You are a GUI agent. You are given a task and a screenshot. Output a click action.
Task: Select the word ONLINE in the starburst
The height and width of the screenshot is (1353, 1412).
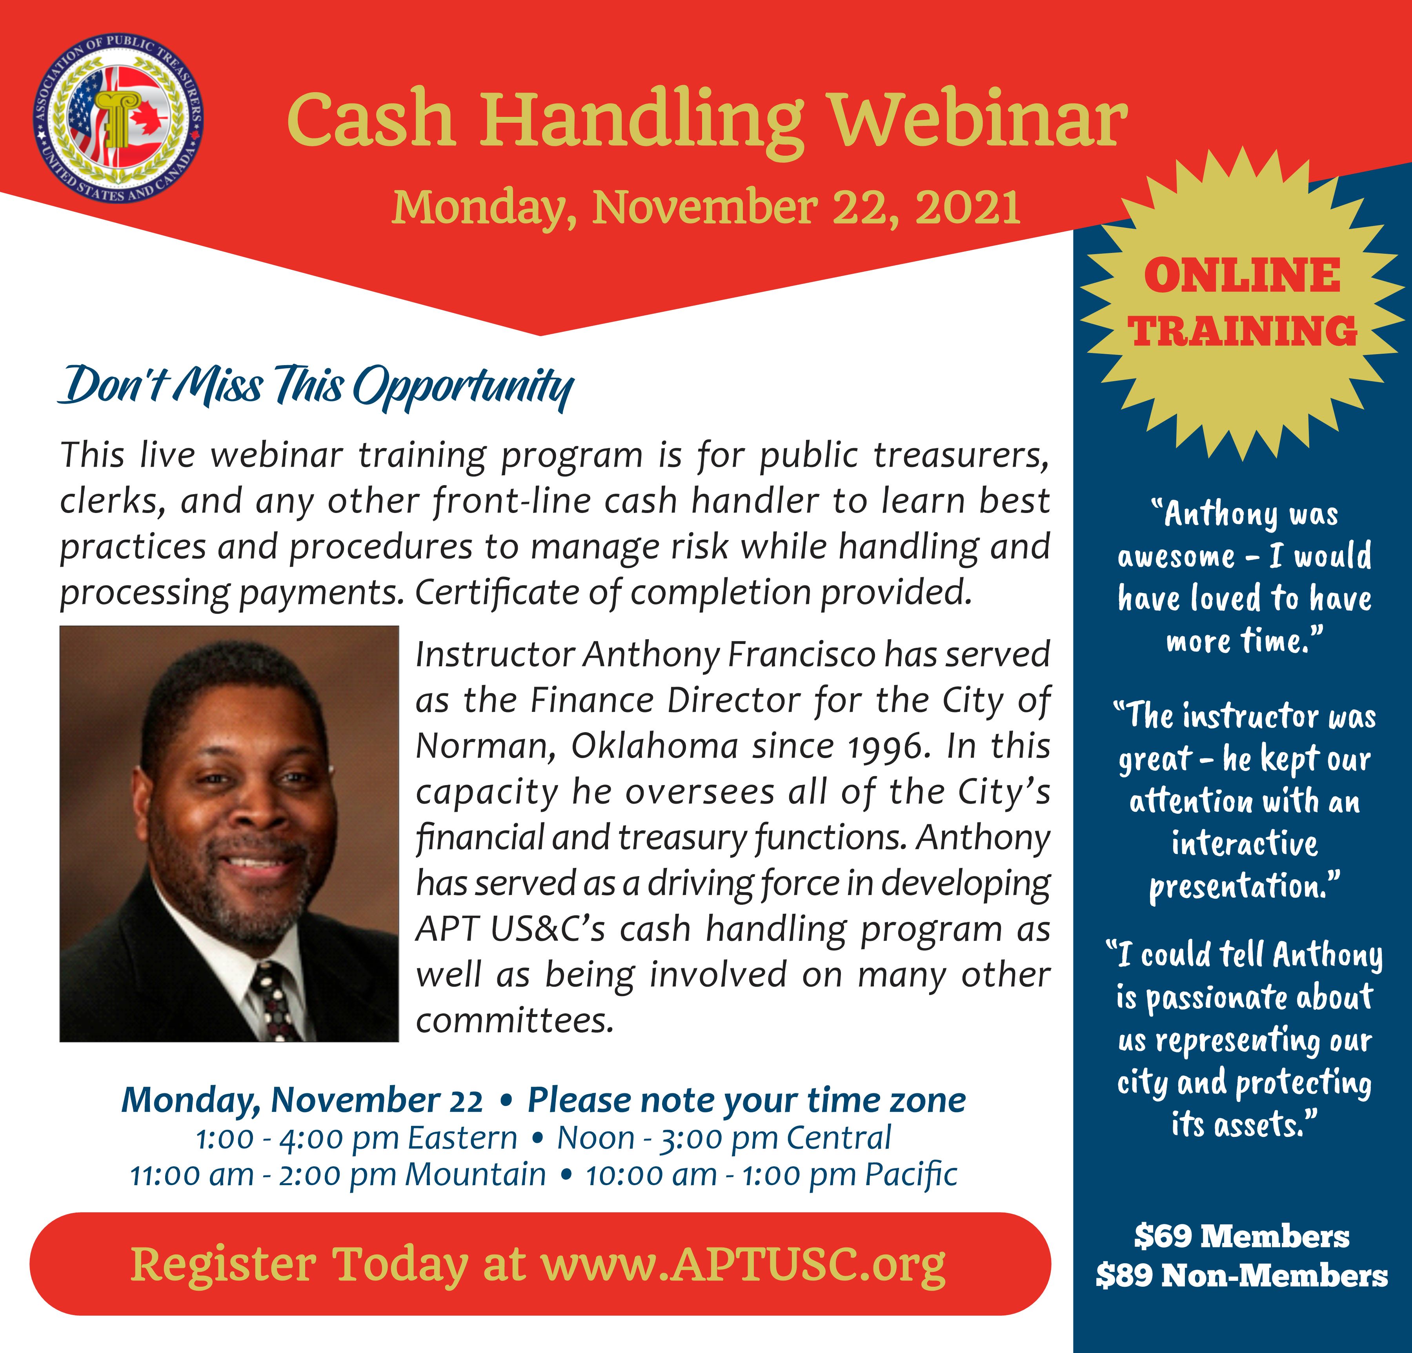pos(1242,276)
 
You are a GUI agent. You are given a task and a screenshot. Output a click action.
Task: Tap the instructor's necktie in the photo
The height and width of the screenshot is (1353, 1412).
pos(277,1002)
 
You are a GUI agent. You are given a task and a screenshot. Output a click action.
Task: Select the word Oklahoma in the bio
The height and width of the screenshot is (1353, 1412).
pos(655,746)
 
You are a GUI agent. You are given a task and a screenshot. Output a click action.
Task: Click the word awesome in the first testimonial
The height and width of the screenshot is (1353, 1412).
pos(1176,557)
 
